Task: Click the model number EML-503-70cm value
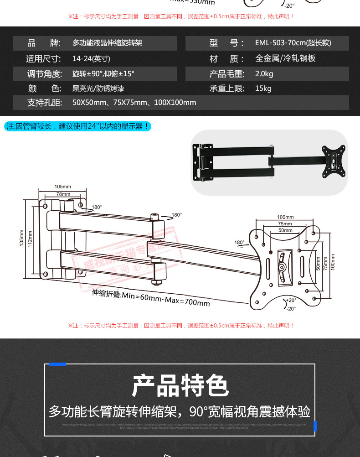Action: point(293,43)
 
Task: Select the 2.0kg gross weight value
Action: point(264,74)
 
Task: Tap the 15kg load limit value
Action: point(263,88)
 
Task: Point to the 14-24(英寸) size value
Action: point(91,59)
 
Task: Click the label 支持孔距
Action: point(44,103)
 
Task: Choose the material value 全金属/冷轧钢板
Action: point(285,59)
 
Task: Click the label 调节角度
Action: point(44,74)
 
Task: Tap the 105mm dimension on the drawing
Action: point(63,187)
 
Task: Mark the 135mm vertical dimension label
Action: point(21,238)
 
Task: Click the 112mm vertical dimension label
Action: point(30,238)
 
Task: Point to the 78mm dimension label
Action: point(63,194)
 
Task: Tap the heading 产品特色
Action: point(180,386)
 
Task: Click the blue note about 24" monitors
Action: point(77,126)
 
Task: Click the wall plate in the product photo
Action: point(204,162)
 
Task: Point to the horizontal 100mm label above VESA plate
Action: point(285,217)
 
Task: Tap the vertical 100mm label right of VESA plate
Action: point(333,262)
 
